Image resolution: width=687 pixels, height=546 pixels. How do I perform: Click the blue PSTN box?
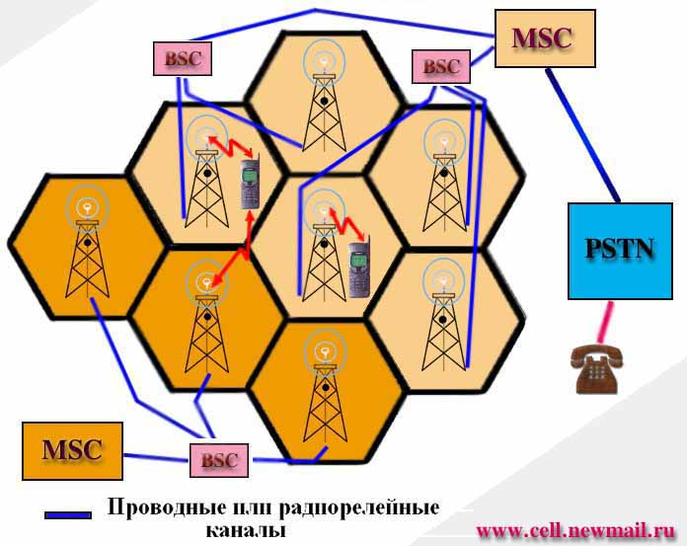620,251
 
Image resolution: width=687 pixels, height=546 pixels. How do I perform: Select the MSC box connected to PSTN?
545,39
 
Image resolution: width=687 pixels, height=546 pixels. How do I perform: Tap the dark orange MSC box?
72,451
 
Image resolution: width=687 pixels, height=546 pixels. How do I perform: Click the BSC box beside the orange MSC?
219,460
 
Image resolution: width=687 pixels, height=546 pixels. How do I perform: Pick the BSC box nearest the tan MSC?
441,66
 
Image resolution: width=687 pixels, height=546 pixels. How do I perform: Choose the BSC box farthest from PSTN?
183,58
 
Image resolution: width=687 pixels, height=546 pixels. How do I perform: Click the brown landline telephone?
597,368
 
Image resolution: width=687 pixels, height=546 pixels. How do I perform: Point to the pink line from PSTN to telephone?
604,322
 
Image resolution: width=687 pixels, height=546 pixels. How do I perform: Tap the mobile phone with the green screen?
251,184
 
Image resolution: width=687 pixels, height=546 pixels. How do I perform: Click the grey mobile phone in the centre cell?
359,269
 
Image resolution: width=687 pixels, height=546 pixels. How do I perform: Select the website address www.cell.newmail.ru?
575,530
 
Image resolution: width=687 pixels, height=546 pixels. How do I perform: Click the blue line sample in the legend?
68,515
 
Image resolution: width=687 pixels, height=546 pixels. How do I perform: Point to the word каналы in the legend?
246,530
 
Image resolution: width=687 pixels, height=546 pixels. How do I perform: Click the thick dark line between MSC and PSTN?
582,136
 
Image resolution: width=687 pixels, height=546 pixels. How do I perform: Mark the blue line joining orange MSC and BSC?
156,457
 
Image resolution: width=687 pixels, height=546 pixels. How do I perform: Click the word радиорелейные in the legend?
359,508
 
